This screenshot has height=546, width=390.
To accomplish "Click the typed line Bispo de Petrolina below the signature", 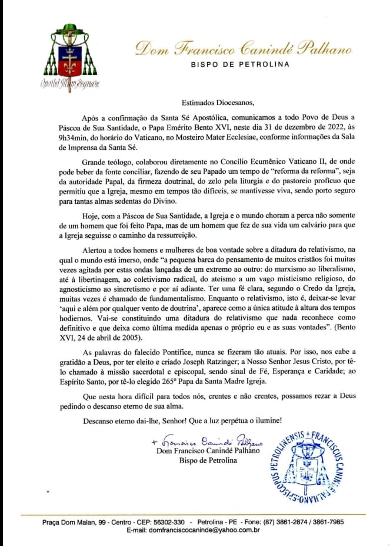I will [x=208, y=460].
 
